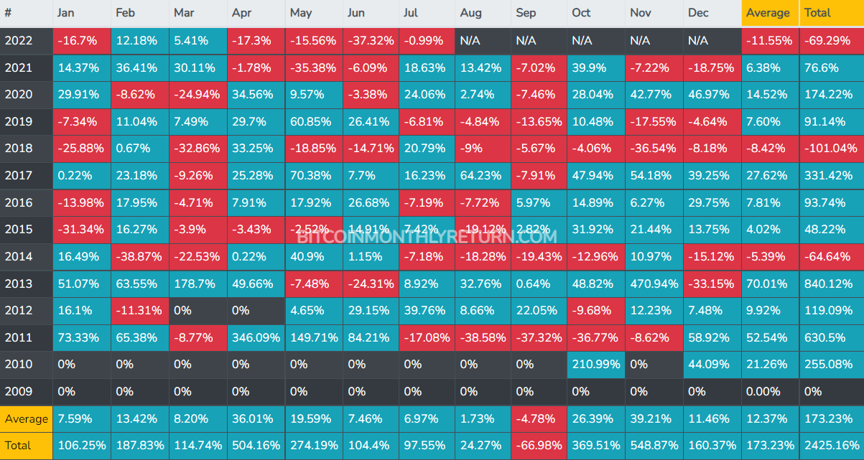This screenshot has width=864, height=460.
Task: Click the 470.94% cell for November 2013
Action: pos(653,283)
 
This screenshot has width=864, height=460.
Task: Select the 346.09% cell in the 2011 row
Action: pos(255,337)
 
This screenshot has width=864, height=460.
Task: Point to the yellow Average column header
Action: pos(769,13)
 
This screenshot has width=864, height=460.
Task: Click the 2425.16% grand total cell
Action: pos(831,446)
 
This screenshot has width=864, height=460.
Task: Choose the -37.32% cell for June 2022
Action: pos(371,40)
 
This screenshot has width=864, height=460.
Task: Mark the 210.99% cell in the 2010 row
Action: pos(595,365)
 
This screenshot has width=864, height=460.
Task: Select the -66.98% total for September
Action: pos(538,446)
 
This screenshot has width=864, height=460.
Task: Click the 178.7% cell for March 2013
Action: pos(197,283)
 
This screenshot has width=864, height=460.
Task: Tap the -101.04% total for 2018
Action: pos(831,149)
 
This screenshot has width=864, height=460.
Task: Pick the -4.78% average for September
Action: pos(538,418)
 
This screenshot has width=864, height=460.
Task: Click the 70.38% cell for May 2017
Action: pos(312,175)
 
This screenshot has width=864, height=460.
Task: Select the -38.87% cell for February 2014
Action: pos(139,256)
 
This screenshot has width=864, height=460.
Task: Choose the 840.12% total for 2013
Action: pos(831,283)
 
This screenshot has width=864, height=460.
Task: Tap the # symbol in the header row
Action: pos(9,13)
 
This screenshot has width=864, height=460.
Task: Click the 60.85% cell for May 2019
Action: pos(312,121)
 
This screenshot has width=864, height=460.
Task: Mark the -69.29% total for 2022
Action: pos(831,40)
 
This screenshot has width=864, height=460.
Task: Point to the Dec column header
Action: pos(698,13)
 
